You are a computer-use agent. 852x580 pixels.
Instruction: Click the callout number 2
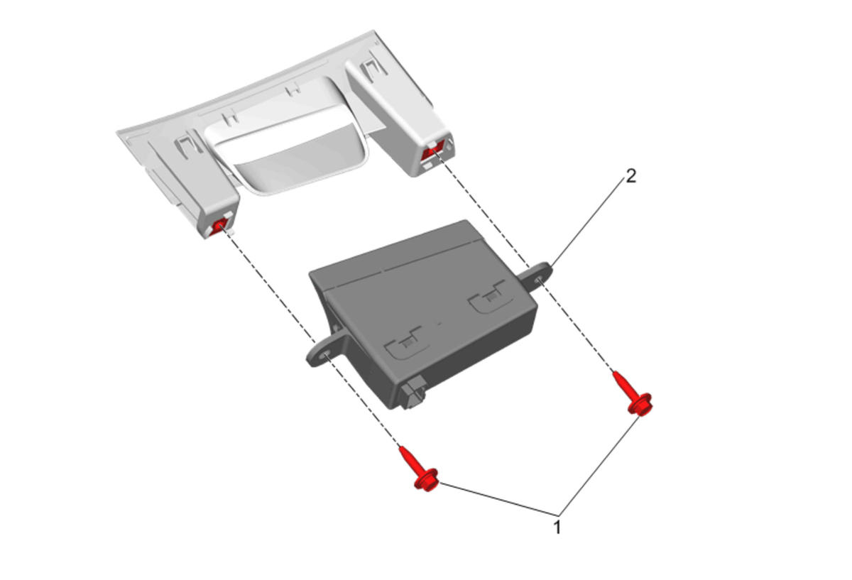point(630,176)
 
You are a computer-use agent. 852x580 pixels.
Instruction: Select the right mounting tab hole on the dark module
point(539,280)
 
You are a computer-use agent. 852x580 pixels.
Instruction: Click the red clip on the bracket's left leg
point(219,227)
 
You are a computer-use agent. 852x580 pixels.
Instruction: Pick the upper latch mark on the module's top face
point(487,297)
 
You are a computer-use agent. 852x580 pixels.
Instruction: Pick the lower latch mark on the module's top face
point(407,343)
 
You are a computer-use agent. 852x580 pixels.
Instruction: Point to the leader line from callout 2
point(589,221)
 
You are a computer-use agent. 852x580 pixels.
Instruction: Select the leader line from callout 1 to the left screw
point(498,499)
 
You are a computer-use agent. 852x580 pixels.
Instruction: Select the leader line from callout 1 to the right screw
point(599,466)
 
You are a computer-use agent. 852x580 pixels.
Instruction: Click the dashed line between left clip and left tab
point(268,286)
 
